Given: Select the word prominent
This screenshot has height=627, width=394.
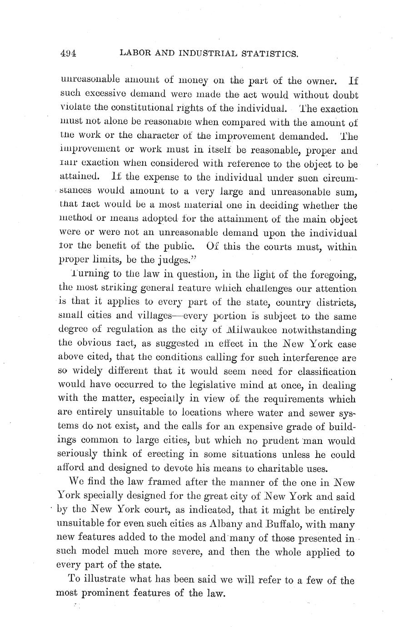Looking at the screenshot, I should click(105, 593).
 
